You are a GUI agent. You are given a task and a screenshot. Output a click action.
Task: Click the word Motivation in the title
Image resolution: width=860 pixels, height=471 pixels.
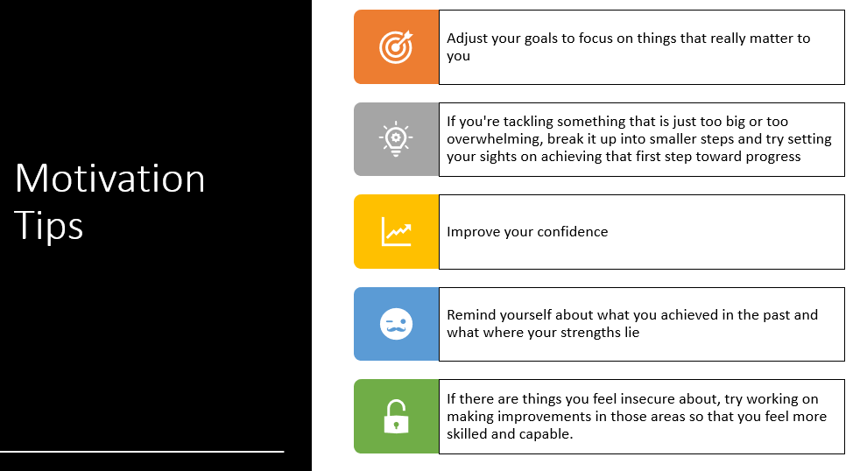click(109, 179)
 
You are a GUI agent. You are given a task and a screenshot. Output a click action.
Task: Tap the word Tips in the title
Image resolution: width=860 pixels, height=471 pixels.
click(48, 225)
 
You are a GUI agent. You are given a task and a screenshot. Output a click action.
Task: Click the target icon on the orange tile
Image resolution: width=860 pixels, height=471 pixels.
click(396, 46)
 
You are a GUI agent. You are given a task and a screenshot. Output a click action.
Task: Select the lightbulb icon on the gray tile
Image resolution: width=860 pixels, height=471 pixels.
click(396, 138)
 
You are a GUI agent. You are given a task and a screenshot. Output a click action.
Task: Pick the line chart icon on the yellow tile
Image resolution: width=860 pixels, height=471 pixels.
click(396, 231)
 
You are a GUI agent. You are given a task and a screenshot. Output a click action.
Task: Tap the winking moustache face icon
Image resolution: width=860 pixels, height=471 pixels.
click(396, 324)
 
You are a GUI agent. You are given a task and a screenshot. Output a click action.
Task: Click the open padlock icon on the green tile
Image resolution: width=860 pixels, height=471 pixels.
click(396, 416)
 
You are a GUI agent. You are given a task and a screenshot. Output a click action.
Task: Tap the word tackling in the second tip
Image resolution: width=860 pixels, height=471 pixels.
click(528, 122)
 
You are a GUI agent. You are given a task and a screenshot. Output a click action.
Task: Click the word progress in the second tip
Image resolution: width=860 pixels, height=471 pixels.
click(773, 158)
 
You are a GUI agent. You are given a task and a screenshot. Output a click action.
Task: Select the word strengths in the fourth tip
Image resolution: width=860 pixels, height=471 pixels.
click(585, 333)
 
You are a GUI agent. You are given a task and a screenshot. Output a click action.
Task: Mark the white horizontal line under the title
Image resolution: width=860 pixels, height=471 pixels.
click(142, 451)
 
